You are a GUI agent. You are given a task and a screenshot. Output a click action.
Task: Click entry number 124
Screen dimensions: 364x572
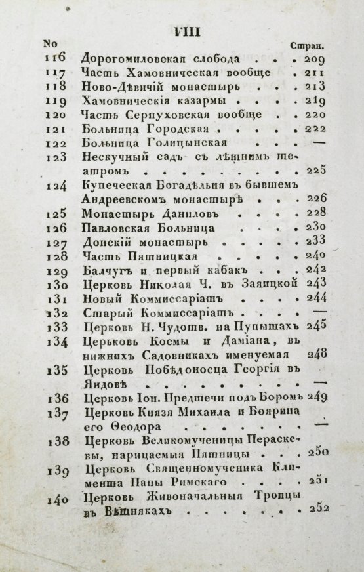tap(58, 186)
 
